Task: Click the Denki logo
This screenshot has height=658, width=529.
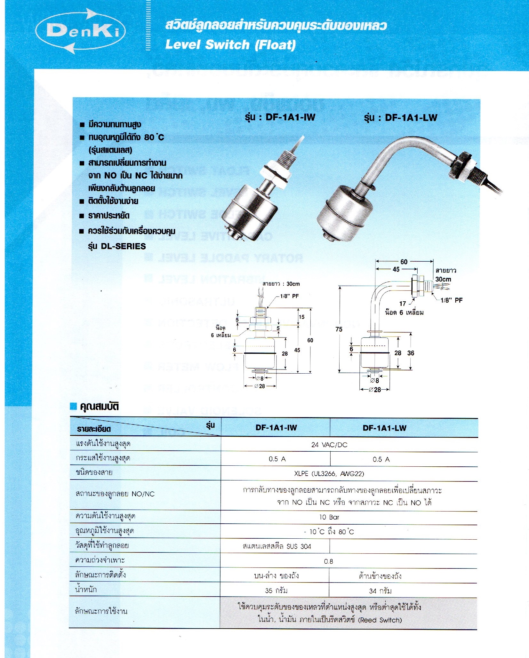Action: click(81, 31)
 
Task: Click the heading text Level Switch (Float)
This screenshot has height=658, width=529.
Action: click(230, 44)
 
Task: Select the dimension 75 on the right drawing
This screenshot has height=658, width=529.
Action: click(339, 329)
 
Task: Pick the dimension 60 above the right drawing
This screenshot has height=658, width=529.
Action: click(404, 262)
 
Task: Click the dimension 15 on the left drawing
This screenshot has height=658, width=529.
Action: click(302, 317)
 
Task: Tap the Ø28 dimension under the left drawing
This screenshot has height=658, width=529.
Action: click(260, 386)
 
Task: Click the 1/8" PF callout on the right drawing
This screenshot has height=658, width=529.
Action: click(451, 300)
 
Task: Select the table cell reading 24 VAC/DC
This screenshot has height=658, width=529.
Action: click(329, 445)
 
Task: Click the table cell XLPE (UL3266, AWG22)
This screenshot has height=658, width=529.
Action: click(329, 473)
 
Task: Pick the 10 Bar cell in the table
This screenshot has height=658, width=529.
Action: click(329, 517)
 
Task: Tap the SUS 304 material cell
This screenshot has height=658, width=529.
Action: click(277, 546)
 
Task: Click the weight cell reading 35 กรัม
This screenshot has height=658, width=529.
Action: click(276, 591)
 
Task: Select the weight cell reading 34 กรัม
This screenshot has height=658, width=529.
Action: click(380, 591)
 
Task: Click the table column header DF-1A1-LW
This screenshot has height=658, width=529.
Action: click(384, 428)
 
